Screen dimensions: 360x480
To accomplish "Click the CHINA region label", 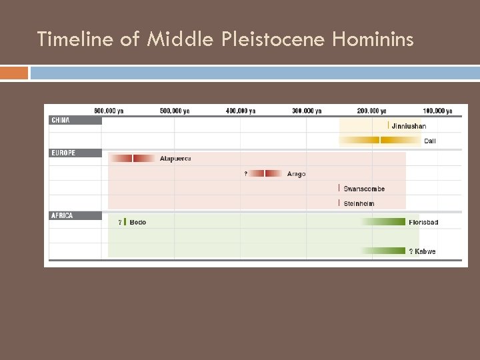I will point(61,121).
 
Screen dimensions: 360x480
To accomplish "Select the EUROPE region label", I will point(63,153).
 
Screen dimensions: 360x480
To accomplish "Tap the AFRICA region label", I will point(62,216).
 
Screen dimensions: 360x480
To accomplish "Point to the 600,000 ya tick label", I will point(109,111).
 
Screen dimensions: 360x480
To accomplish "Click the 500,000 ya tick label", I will point(174,111).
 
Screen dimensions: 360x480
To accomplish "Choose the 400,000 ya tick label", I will point(240,111).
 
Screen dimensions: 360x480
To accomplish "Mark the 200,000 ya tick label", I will point(371,111).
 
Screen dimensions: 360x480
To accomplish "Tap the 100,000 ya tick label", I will point(437,111).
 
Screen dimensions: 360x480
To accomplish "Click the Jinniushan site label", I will point(409,127).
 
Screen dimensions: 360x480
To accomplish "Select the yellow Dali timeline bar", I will point(380,140).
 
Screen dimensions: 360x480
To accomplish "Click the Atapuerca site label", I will point(175,159).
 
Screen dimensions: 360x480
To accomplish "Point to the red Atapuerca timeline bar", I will point(132,159).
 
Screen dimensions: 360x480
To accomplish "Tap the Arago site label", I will point(296,174).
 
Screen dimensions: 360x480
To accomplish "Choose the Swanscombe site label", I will point(364,189).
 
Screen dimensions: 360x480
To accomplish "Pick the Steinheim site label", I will point(359,204).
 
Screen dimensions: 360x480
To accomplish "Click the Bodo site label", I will point(138,222).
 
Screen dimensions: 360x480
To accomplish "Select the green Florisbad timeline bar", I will point(383,222).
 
